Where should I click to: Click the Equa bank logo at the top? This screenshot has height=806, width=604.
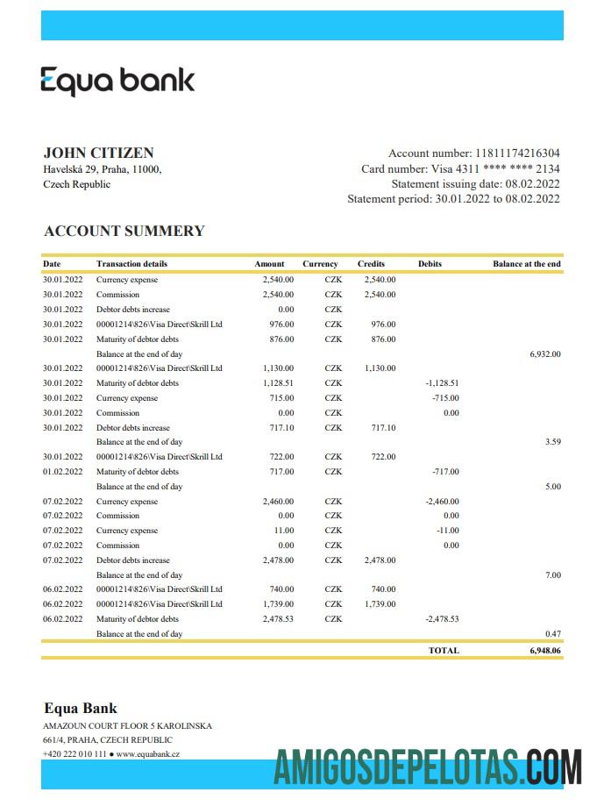tap(117, 81)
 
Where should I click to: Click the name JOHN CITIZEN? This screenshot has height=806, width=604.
tap(98, 153)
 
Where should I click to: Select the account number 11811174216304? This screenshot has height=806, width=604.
tap(516, 153)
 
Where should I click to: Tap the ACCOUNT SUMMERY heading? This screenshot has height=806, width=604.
tap(124, 231)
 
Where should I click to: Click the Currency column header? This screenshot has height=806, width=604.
tap(320, 264)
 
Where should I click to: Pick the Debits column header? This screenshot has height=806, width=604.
tap(430, 264)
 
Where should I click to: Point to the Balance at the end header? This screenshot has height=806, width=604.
tap(526, 264)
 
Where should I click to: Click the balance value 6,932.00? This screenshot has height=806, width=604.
tap(544, 353)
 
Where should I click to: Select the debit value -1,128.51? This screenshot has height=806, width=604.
tap(442, 383)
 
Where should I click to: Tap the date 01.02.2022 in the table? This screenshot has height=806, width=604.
tap(62, 472)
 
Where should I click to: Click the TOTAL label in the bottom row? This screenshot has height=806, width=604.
tap(444, 651)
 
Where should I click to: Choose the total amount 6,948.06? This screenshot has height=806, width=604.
tap(544, 651)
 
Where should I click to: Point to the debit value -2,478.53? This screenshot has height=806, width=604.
tap(442, 619)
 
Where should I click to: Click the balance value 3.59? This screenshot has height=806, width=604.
tap(552, 442)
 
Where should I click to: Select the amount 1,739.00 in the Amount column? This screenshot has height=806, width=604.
tap(278, 604)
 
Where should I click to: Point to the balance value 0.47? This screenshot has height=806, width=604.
tap(552, 633)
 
